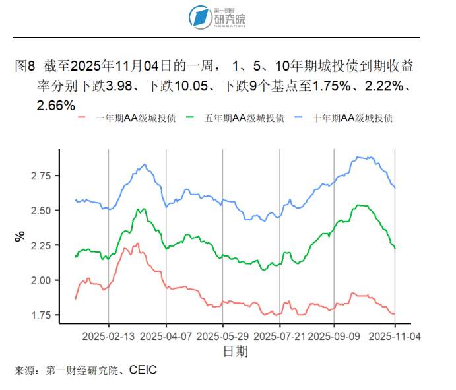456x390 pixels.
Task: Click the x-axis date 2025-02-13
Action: pyautogui.click(x=109, y=335)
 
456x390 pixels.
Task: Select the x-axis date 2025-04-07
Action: pyautogui.click(x=166, y=335)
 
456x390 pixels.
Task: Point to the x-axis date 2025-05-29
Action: pyautogui.click(x=222, y=335)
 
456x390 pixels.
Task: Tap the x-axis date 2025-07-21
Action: pyautogui.click(x=280, y=335)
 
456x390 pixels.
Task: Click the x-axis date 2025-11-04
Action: pyautogui.click(x=394, y=335)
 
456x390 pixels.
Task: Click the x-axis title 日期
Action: pyautogui.click(x=236, y=351)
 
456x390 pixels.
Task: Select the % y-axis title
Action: pyautogui.click(x=20, y=235)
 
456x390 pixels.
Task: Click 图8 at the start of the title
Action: pyautogui.click(x=24, y=67)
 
